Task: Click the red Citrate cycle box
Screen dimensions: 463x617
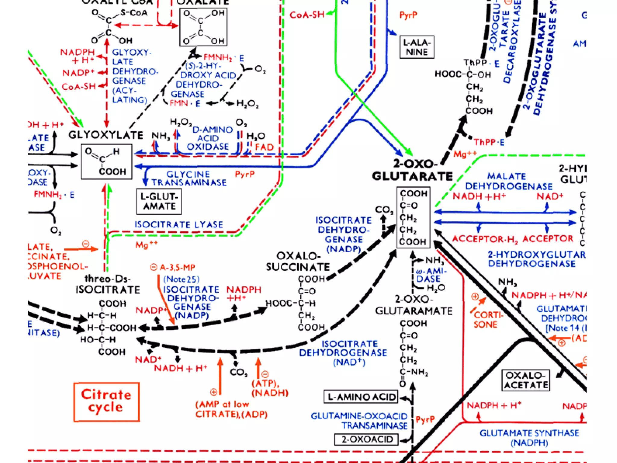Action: tap(106, 402)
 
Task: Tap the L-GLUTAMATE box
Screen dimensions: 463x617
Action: tap(159, 201)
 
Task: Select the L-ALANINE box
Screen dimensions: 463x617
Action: tap(417, 47)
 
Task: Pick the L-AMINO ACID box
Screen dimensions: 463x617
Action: tap(361, 397)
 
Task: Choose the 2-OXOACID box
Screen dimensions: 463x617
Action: tap(367, 439)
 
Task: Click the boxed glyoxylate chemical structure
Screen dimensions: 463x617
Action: tap(106, 162)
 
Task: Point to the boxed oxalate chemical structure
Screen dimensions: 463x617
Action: tap(203, 27)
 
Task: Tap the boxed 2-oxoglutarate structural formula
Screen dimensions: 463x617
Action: tap(413, 218)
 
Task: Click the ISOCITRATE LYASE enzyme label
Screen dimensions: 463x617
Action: tap(179, 225)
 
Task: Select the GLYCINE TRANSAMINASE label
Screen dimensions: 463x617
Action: tap(189, 178)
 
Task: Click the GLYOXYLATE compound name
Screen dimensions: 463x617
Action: tap(106, 135)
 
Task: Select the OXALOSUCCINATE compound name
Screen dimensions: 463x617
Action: tap(298, 261)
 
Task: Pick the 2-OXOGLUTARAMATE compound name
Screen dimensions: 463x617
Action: tap(414, 305)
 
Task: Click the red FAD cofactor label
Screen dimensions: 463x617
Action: tap(264, 147)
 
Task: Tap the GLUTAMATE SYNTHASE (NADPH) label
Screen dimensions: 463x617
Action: tap(529, 438)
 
